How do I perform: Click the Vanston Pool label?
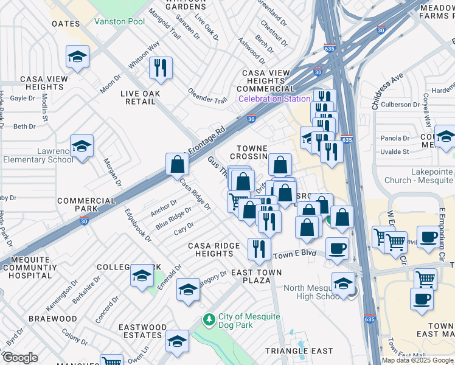point(119,21)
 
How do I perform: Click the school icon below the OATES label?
point(78,57)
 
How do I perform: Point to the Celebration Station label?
point(274,99)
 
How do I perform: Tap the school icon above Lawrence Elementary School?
point(82,146)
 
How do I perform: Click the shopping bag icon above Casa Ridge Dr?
point(177,164)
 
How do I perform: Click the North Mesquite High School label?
point(304,292)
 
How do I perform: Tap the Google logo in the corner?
point(19,357)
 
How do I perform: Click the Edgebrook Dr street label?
point(137,226)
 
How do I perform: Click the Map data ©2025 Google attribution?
point(417,360)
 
